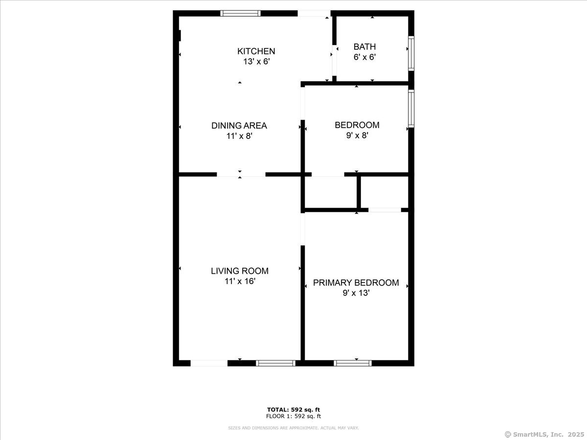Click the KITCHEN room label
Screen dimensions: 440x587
(256, 51)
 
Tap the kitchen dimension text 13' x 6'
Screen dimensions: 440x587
(256, 62)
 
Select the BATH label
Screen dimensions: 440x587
(364, 47)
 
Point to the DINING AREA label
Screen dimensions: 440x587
(239, 126)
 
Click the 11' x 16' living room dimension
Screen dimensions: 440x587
(240, 282)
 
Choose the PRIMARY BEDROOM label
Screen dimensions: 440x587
(356, 283)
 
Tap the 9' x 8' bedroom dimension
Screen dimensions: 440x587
(357, 136)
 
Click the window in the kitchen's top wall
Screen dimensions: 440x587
(240, 13)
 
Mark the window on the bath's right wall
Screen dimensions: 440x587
(411, 52)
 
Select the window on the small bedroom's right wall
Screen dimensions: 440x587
(411, 109)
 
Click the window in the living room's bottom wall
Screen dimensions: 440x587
(276, 363)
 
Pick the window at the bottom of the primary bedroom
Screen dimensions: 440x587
(353, 363)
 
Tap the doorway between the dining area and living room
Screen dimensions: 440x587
(241, 174)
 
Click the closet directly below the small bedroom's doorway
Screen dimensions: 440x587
(331, 192)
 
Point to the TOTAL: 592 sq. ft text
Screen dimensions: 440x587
(293, 410)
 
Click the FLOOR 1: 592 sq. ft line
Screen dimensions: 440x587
(293, 417)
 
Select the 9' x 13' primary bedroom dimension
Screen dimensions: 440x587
(356, 293)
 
